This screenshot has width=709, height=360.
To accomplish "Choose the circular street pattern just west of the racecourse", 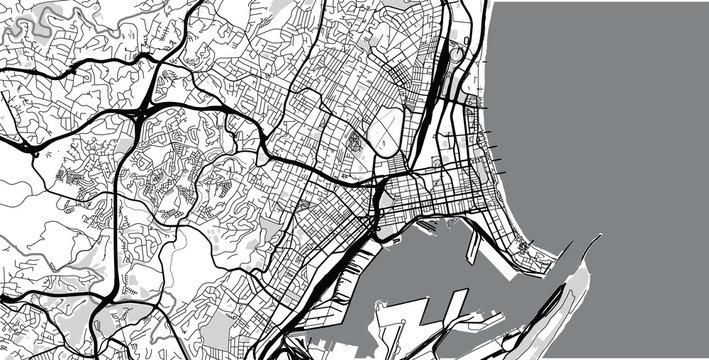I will [352, 140].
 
